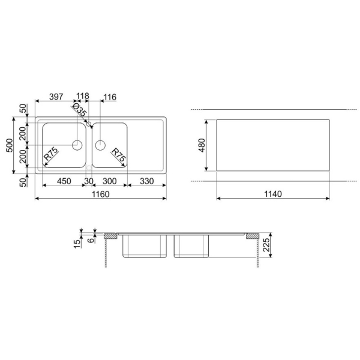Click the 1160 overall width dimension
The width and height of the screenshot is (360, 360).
[101, 194]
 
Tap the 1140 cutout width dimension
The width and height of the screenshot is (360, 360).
[273, 194]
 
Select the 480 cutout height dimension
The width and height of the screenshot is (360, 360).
[202, 145]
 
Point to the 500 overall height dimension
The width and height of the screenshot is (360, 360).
[10, 145]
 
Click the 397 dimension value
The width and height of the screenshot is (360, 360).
[56, 97]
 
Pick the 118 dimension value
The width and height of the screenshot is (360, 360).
[82, 96]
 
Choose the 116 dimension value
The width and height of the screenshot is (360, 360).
[110, 97]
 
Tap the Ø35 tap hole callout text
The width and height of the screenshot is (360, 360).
[79, 110]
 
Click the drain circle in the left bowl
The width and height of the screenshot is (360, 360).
[77, 145]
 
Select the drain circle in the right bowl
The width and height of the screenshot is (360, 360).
[100, 145]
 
